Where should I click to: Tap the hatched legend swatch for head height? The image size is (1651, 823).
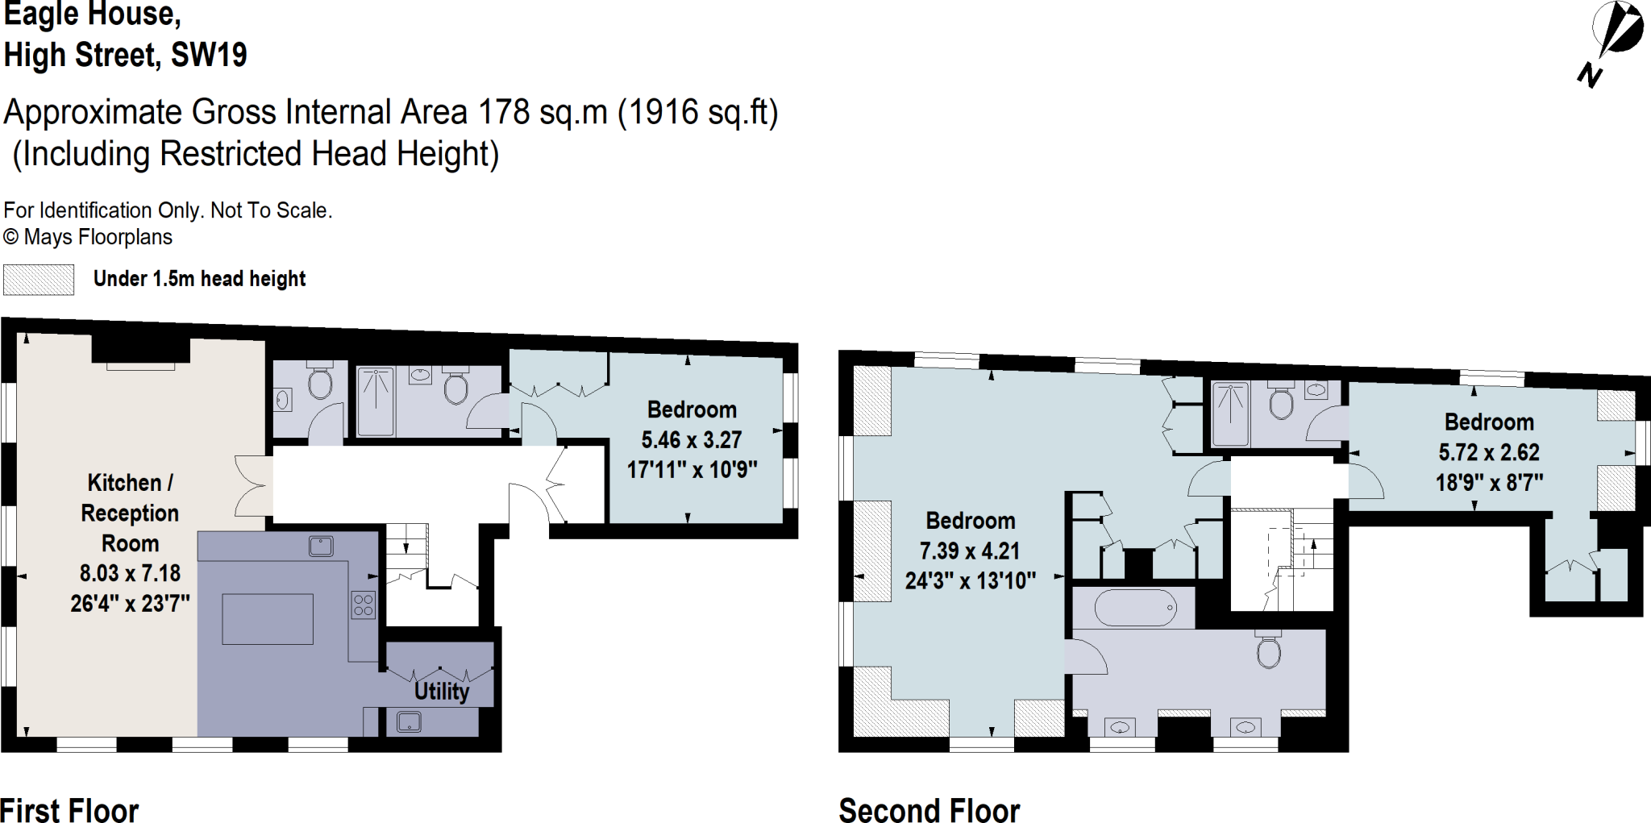tap(39, 280)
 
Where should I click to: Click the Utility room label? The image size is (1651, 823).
tap(441, 692)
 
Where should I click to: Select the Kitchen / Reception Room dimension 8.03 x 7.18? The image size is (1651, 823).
tap(130, 573)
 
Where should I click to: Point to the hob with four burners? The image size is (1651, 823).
tap(364, 605)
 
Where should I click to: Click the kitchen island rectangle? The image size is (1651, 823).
tap(268, 619)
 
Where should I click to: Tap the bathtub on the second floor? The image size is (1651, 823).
tap(1133, 608)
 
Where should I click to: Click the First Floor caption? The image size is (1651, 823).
tap(69, 809)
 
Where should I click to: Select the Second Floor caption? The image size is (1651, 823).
tap(929, 809)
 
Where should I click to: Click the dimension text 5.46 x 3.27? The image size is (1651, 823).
tap(691, 440)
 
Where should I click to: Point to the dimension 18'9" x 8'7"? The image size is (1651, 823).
tap(1489, 483)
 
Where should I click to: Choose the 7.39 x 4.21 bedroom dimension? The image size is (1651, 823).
tap(970, 551)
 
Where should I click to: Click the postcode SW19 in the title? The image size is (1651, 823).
tap(209, 56)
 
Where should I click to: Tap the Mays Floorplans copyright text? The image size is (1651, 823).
tap(88, 237)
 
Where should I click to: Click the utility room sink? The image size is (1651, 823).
tap(409, 722)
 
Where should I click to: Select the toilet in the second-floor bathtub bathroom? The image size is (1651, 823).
tap(1268, 651)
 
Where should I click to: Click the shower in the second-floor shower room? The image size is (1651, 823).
tap(1230, 414)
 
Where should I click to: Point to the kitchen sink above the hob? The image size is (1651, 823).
tap(321, 547)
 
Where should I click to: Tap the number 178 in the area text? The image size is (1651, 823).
tap(504, 112)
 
